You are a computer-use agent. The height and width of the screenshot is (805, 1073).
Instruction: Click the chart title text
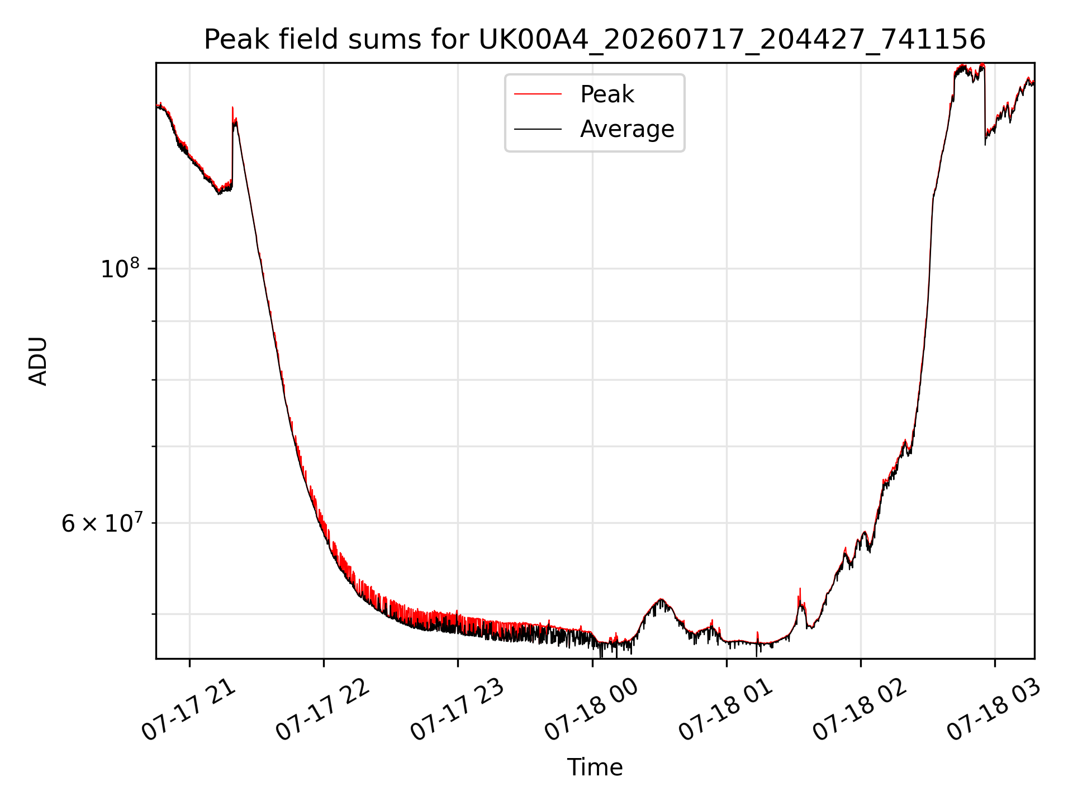(595, 40)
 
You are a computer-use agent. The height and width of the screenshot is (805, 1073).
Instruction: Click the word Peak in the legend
(607, 94)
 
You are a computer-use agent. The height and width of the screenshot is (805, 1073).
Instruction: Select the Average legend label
(627, 129)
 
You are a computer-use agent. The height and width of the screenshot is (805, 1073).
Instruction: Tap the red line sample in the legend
(538, 94)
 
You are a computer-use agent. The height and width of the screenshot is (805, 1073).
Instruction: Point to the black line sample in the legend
(538, 129)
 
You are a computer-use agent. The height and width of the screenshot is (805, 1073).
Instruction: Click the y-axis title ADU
(38, 361)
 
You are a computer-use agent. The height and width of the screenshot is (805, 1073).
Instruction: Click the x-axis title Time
(595, 768)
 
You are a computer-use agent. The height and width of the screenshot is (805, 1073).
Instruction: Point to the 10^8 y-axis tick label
(120, 268)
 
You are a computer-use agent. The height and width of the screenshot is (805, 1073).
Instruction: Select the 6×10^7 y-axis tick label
(101, 523)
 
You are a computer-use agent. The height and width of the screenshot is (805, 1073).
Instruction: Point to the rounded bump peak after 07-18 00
(661, 599)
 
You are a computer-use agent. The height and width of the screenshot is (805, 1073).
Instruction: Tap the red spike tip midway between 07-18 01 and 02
(800, 589)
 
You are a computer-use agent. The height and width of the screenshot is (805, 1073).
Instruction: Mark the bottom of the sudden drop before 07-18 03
(985, 145)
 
